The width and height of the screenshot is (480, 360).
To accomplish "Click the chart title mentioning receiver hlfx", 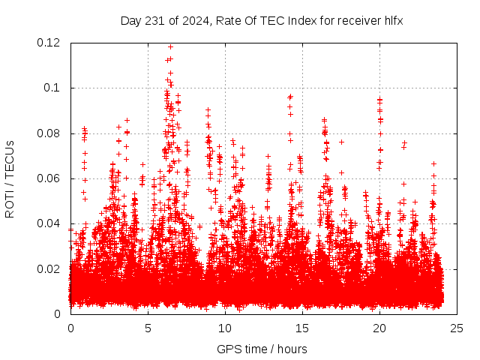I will click(262, 20).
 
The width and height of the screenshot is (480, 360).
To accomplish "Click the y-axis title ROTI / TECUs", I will click(10, 178).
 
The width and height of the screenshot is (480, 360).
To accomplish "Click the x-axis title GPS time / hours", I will click(262, 349).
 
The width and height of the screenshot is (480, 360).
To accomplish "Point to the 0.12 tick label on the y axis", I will click(49, 43).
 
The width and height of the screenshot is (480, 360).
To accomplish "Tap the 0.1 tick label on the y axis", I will click(53, 88).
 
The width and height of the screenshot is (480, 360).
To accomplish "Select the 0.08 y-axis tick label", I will click(49, 133).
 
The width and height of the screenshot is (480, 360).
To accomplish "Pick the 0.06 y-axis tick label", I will click(49, 178).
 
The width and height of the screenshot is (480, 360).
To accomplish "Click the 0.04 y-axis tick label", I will click(49, 223).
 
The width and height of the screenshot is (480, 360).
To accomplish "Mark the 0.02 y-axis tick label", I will click(49, 268).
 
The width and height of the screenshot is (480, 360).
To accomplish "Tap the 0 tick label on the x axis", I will click(70, 328).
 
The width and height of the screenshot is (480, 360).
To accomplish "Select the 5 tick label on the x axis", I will click(148, 328).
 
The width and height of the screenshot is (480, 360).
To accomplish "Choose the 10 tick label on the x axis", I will click(225, 328).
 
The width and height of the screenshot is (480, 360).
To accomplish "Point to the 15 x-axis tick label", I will click(302, 328).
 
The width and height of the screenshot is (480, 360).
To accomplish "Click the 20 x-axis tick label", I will click(379, 328).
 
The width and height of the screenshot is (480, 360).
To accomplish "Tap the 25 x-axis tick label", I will click(457, 328).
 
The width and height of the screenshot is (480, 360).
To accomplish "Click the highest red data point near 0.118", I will click(171, 46).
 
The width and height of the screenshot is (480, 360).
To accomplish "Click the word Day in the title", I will click(131, 20).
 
